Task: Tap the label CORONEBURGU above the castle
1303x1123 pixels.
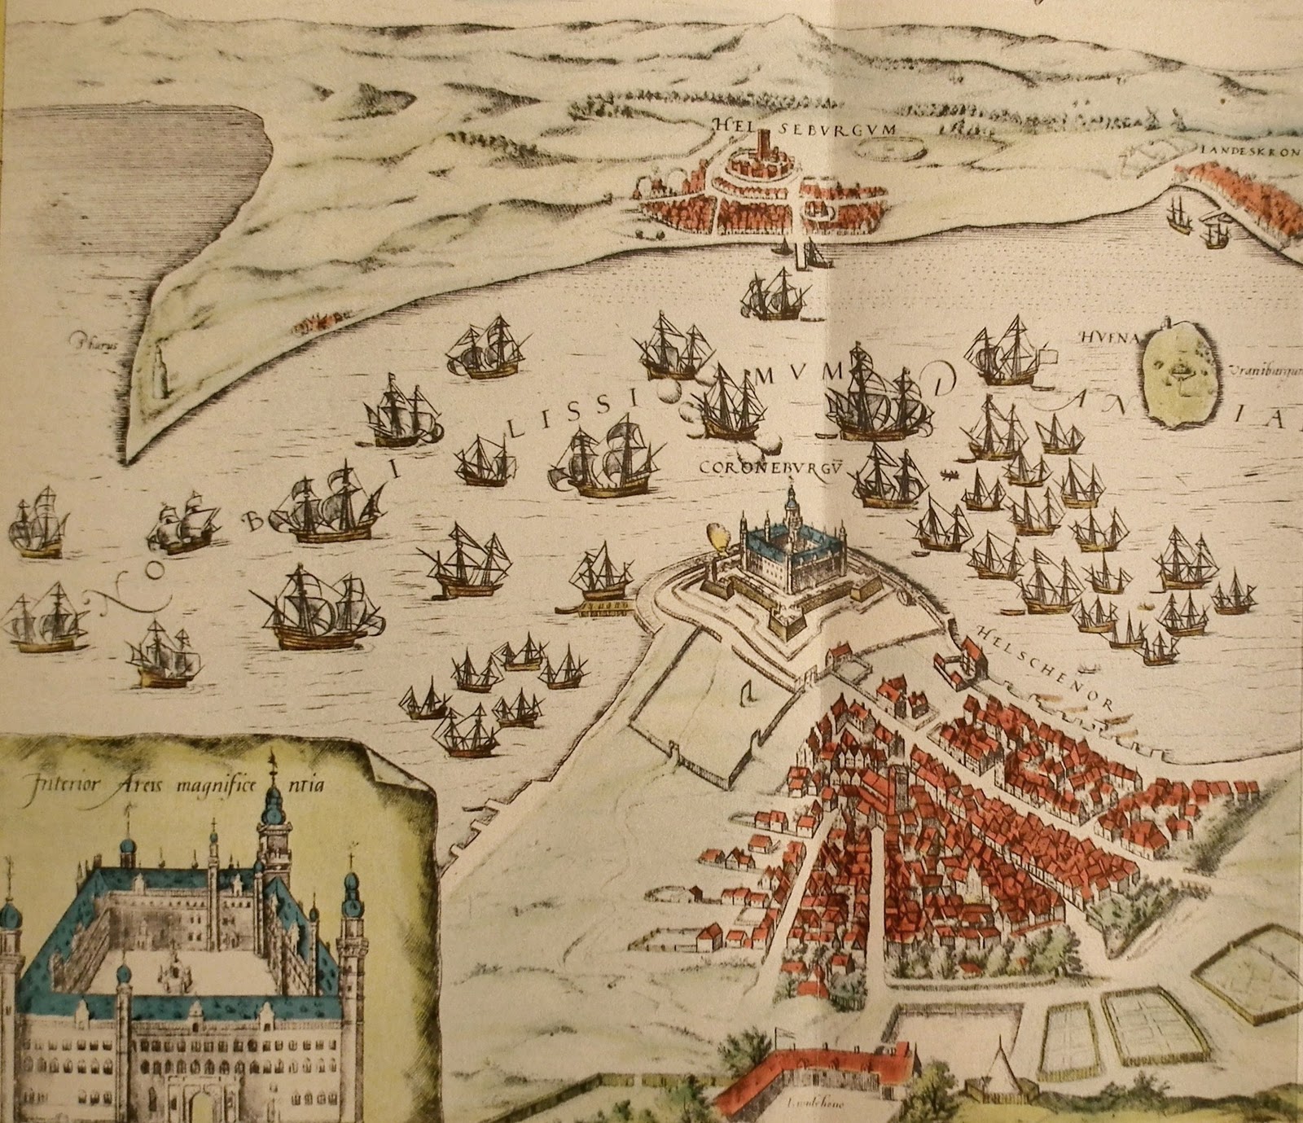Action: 758,467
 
